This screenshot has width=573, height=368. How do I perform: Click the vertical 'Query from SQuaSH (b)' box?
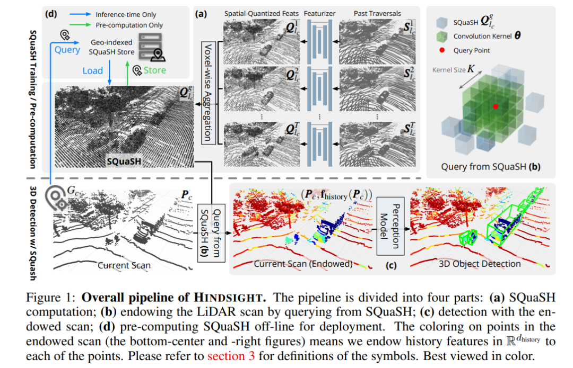tap(211, 231)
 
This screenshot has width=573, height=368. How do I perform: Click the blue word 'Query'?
tap(67, 50)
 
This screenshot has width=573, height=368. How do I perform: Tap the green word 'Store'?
tap(154, 70)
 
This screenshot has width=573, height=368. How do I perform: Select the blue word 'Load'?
tap(92, 70)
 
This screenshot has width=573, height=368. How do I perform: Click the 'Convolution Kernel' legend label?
tap(490, 37)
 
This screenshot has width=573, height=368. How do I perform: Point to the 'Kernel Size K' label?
tap(454, 69)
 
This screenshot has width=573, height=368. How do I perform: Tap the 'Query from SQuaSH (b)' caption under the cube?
tap(491, 167)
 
